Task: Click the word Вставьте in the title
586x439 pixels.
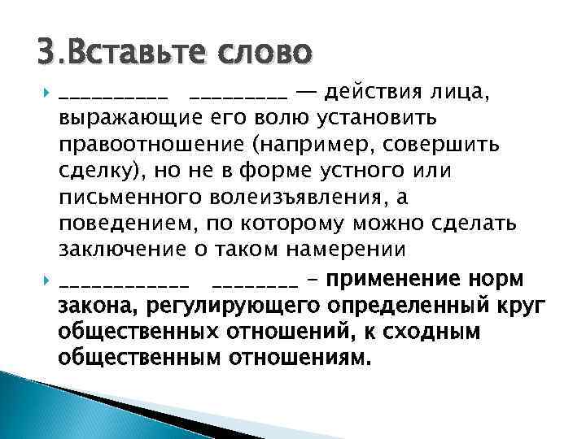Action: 136,54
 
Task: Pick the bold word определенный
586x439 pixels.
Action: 426,306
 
